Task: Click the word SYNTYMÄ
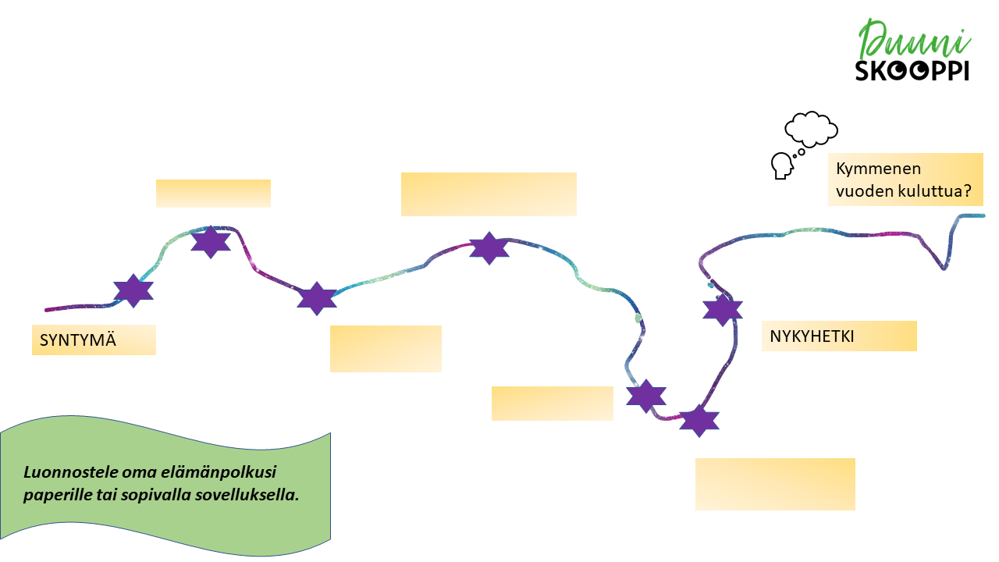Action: pyautogui.click(x=78, y=340)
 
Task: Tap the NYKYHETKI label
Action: pyautogui.click(x=812, y=336)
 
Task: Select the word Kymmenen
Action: pyautogui.click(x=867, y=169)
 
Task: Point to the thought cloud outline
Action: pyautogui.click(x=812, y=129)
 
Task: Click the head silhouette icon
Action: pyautogui.click(x=781, y=166)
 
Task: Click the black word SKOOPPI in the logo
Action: pyautogui.click(x=912, y=71)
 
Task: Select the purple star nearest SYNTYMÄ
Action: pyautogui.click(x=133, y=291)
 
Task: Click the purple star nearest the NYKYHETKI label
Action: pyautogui.click(x=722, y=310)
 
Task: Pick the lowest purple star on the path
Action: pyautogui.click(x=699, y=420)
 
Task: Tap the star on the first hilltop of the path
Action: pyautogui.click(x=211, y=242)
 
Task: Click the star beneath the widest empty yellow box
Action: pyautogui.click(x=489, y=248)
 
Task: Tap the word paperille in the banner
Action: pyautogui.click(x=54, y=495)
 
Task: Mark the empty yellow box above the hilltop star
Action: pyautogui.click(x=213, y=193)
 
